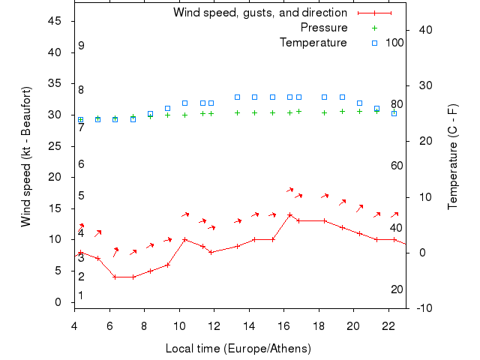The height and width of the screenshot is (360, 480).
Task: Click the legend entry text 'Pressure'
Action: pos(323,28)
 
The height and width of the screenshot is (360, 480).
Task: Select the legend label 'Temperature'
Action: pos(313,43)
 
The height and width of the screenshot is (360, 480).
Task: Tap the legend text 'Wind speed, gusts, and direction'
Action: pos(260,13)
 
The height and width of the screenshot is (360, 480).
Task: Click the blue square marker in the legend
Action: pos(374,43)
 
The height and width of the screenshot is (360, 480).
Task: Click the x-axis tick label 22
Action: pos(388,325)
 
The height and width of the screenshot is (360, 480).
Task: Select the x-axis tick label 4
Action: pos(74,325)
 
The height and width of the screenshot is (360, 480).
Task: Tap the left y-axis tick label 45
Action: pos(55,21)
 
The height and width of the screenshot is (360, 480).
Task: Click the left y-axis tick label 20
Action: pos(55,177)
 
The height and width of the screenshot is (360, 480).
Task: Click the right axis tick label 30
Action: pos(420,85)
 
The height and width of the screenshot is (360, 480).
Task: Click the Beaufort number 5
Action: pos(81,196)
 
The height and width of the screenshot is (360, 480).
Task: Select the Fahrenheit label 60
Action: pos(397,166)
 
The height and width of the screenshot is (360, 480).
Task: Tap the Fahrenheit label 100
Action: pos(394,43)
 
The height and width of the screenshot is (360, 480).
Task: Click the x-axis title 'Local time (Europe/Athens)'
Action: pos(238,349)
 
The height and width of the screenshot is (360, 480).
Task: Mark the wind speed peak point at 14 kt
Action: pos(289,214)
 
